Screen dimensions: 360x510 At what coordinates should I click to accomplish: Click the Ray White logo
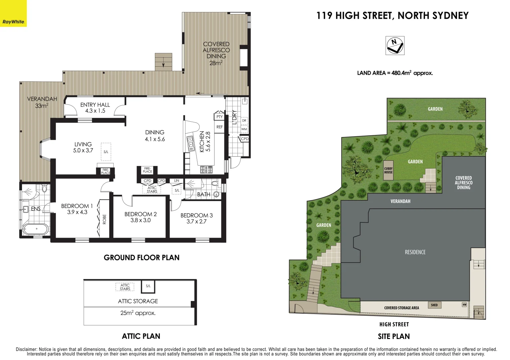(x=13, y=22)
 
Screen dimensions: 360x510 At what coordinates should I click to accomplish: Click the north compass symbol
(x=395, y=46)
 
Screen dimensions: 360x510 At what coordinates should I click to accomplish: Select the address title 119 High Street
(x=392, y=16)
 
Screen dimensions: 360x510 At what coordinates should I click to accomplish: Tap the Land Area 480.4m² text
(x=395, y=73)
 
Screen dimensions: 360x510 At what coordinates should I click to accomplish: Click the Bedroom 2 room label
(x=141, y=217)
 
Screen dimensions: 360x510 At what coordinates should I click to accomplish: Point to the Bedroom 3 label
(x=197, y=218)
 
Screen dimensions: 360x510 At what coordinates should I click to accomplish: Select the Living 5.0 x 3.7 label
(x=83, y=147)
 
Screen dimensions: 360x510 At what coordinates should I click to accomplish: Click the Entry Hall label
(x=95, y=108)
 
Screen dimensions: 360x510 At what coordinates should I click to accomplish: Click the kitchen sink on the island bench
(x=190, y=143)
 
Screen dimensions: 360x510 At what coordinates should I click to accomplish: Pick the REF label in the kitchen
(x=220, y=127)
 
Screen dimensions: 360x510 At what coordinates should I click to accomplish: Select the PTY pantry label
(x=220, y=117)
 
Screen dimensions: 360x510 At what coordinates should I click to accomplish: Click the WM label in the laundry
(x=244, y=129)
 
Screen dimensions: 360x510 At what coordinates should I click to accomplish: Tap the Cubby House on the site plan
(x=388, y=171)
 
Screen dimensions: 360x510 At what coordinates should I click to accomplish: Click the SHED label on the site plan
(x=434, y=305)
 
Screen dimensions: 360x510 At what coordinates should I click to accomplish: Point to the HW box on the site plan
(x=464, y=305)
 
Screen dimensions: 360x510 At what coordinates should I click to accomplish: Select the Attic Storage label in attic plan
(x=138, y=301)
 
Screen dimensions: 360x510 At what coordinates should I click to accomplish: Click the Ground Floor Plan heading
(x=142, y=258)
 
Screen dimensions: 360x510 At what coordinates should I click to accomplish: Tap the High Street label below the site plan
(x=394, y=324)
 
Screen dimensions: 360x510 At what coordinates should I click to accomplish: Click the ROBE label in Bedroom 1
(x=104, y=219)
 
